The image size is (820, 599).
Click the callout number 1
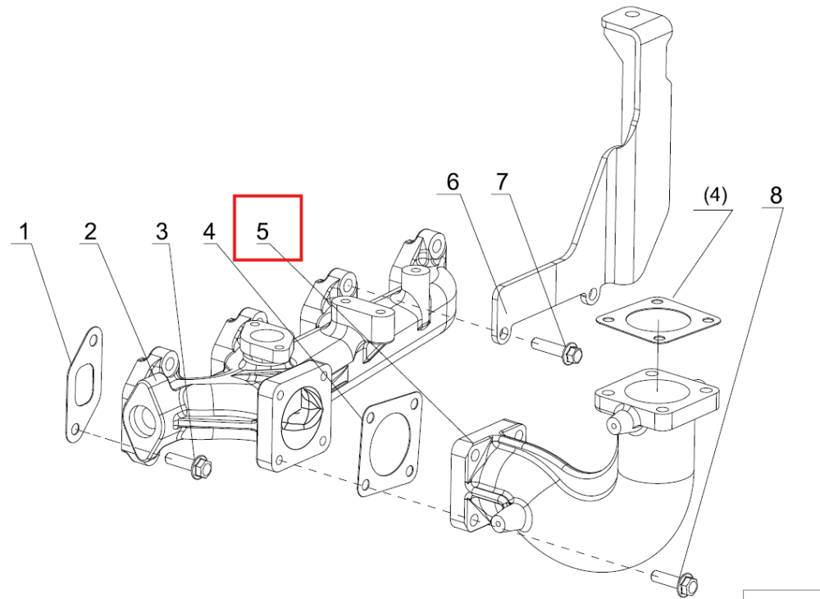pos(24,232)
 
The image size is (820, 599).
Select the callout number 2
pos(90,231)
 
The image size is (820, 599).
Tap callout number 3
pos(162,231)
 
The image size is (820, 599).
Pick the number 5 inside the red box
pos(262,231)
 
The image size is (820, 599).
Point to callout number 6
pos(453,182)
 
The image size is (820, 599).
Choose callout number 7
pos(502,182)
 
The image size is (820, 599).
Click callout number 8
pos(776,195)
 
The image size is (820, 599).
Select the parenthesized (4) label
pos(715,195)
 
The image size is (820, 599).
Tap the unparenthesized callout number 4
pos(209,231)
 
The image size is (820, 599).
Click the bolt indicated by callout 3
pos(189,464)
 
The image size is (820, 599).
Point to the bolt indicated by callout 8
pos(675,580)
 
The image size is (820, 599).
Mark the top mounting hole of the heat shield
pos(630,14)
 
